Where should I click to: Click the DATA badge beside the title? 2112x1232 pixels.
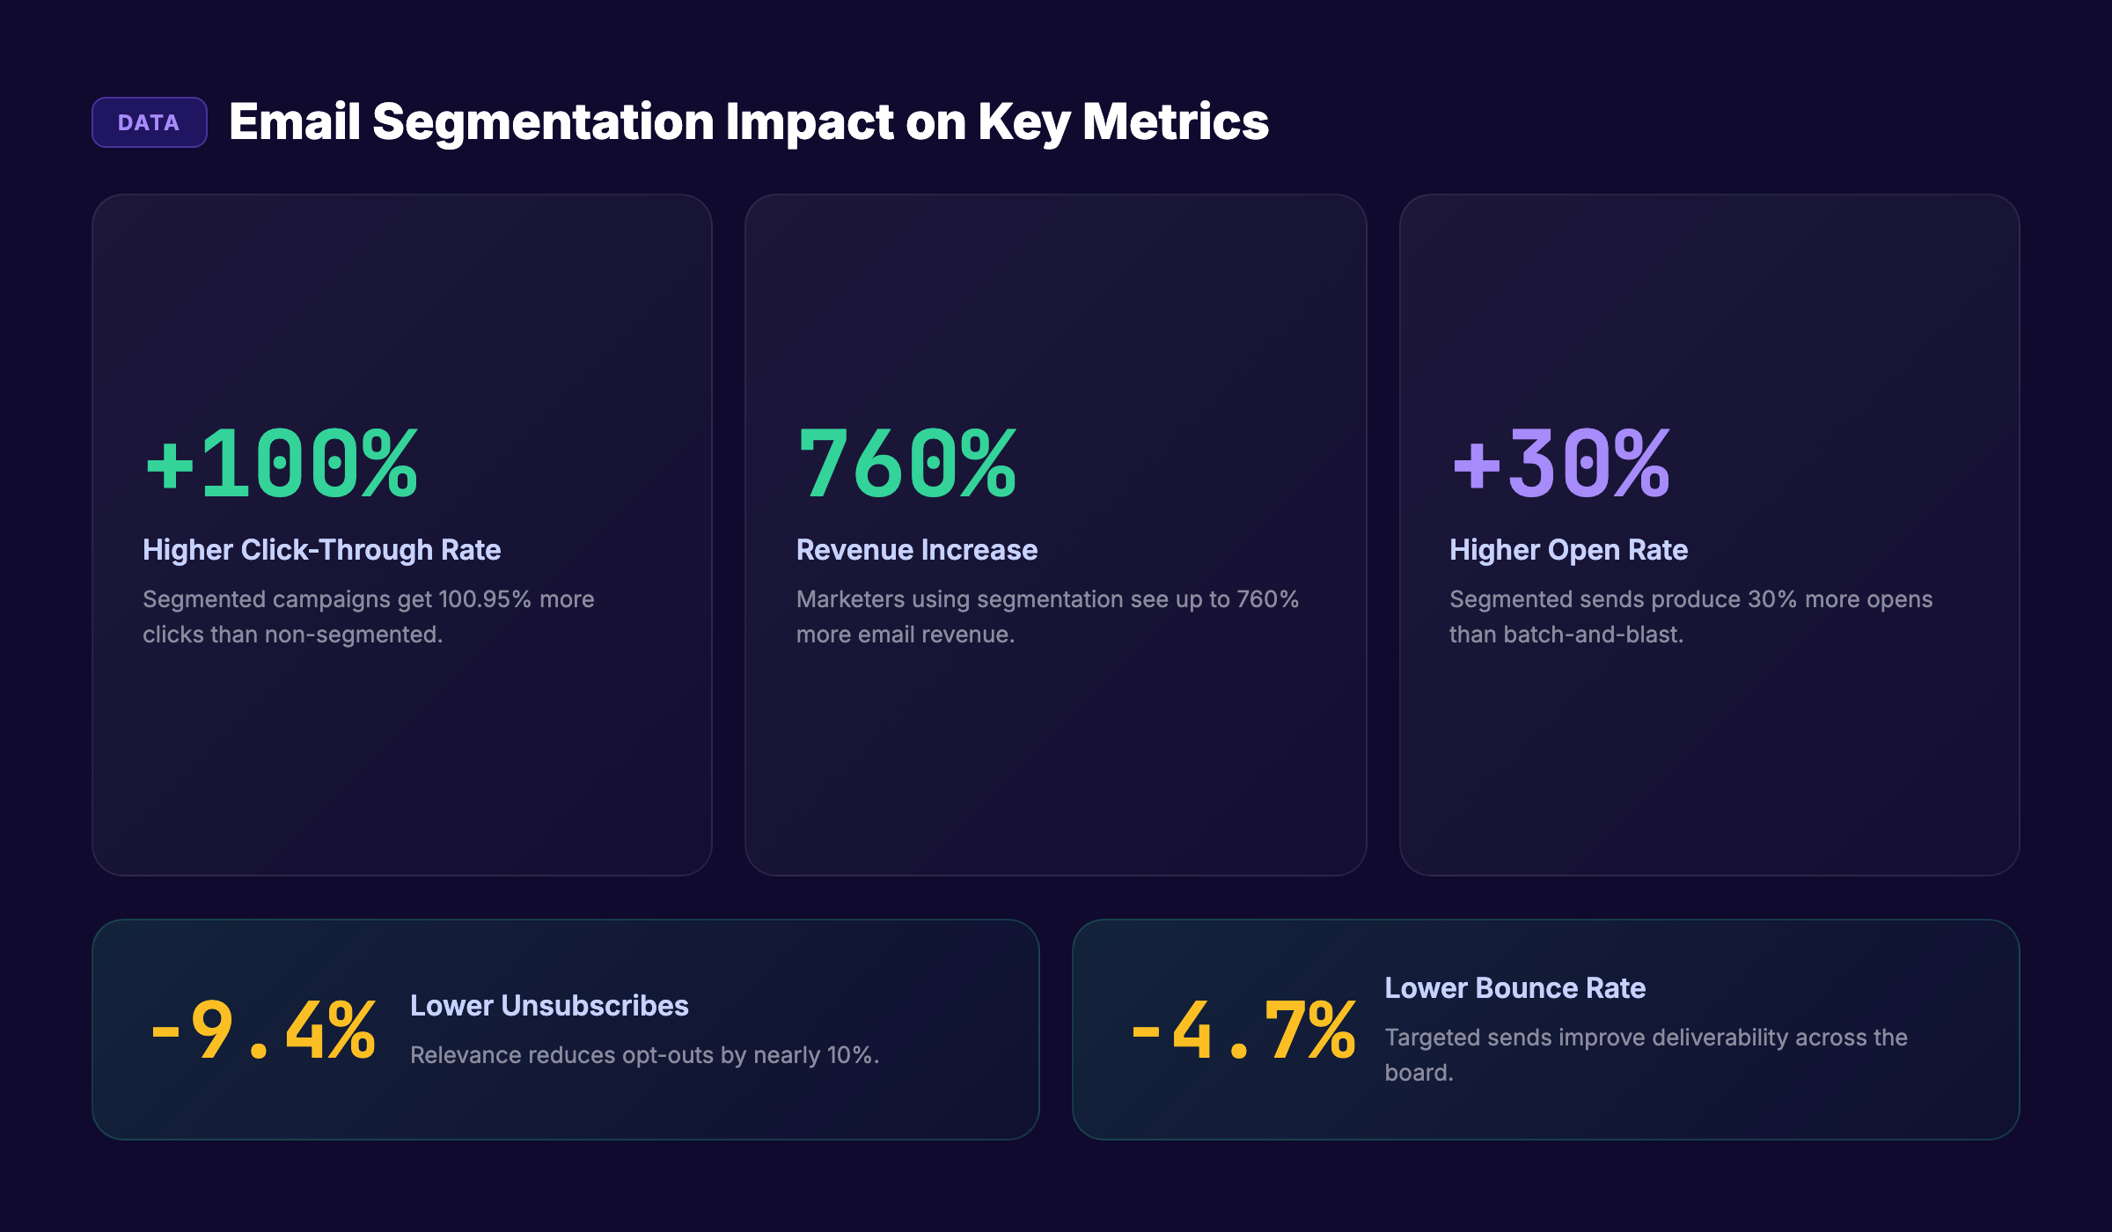149,122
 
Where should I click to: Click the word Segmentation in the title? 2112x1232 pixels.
542,121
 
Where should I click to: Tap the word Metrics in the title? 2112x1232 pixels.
1175,121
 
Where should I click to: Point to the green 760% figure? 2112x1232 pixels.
906,464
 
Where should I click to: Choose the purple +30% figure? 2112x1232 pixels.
1560,464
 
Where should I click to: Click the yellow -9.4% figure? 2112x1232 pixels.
263,1030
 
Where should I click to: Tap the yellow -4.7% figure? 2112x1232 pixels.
1243,1030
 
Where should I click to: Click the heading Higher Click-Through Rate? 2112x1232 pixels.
321,550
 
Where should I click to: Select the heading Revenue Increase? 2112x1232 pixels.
916,550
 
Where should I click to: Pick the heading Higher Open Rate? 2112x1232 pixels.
1568,550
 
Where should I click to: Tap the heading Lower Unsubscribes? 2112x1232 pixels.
549,1006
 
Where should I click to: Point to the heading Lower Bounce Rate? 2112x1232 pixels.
1514,988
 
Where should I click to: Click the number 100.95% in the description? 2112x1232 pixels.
484,599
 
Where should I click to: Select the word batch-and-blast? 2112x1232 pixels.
1593,634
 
